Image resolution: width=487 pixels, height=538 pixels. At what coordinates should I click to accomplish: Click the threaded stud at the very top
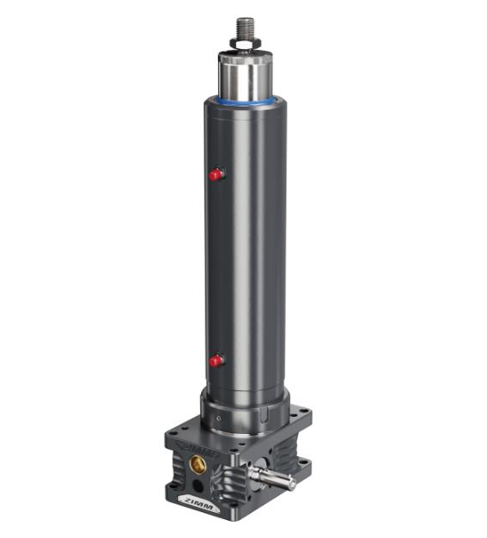tap(245, 28)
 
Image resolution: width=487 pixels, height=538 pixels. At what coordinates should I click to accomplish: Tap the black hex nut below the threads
tap(245, 44)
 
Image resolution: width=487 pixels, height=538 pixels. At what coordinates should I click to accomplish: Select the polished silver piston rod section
tap(246, 77)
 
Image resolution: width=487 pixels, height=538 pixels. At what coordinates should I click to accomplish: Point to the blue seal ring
tap(246, 101)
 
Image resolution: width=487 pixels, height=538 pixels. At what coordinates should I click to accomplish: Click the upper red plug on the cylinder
tap(216, 175)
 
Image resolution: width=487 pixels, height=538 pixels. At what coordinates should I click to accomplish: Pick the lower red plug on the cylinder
tap(216, 361)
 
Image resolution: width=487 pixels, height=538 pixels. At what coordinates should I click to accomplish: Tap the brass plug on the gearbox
tap(198, 464)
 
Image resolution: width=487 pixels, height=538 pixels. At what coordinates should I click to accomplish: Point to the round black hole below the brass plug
tap(198, 485)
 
